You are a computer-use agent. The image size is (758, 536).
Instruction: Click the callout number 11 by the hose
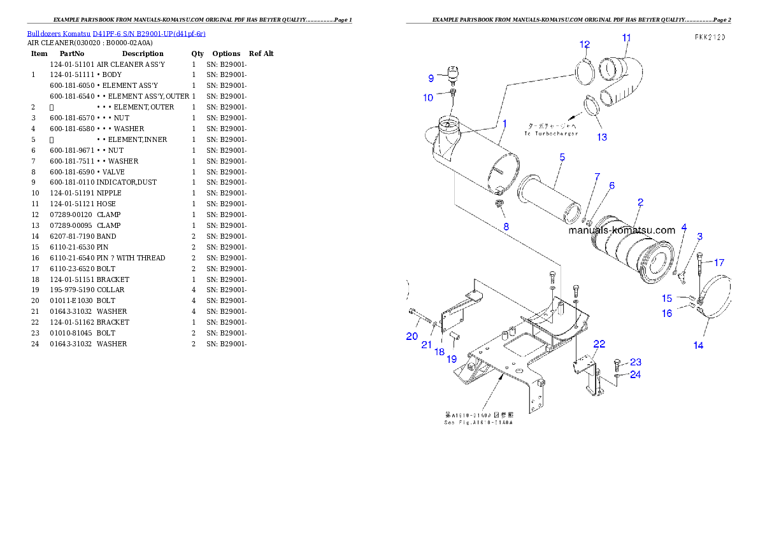coord(626,38)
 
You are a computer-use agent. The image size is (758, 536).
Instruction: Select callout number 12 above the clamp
coord(584,45)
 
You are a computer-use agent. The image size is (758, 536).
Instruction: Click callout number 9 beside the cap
coord(431,78)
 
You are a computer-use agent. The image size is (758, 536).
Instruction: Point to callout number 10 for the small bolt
coord(428,97)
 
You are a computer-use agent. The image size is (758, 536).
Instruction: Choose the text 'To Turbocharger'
coord(551,134)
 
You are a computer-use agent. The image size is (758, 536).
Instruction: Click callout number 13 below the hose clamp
coord(601,137)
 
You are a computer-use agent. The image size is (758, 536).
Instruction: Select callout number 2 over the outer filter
coord(640,202)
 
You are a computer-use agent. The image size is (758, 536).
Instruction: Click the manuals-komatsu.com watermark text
coord(622,230)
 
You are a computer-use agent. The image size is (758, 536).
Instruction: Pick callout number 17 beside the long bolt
coord(719,262)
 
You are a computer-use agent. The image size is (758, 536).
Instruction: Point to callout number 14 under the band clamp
coord(698,345)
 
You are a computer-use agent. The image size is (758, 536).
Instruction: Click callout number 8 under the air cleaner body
coord(506,226)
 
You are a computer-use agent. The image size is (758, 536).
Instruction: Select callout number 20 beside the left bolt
coord(412,336)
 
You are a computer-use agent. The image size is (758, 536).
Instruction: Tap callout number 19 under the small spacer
coord(451,359)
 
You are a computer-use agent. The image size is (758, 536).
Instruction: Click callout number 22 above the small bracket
coord(599,344)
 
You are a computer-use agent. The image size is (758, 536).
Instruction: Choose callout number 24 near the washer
coord(635,374)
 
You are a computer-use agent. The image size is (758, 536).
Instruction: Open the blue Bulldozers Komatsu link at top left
coord(116,34)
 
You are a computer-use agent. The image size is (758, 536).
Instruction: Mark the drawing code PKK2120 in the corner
coord(710,38)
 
